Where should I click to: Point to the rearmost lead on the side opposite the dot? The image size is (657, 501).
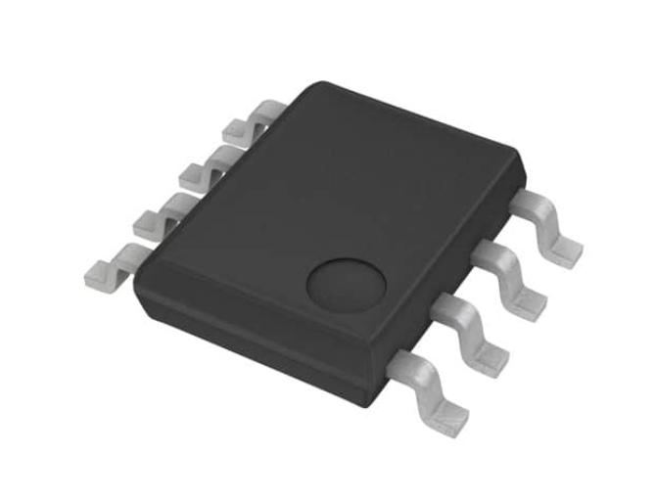(x=251, y=123)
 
